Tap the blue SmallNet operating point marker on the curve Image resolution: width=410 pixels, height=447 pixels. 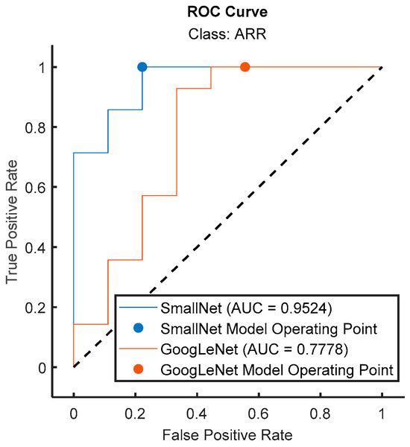pos(142,67)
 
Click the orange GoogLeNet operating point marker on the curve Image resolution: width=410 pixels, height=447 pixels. pos(245,67)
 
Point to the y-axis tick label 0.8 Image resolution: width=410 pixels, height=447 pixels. pos(35,127)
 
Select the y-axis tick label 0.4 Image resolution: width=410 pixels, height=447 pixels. pos(35,247)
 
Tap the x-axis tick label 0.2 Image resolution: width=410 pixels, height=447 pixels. pos(135,410)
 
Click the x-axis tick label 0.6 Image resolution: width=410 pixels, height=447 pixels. pos(259,410)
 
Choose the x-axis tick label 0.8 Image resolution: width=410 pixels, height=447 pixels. pos(321,410)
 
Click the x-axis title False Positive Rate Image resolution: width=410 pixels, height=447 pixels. pos(227,432)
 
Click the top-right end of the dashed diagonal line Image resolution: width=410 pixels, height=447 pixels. pos(382,67)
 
